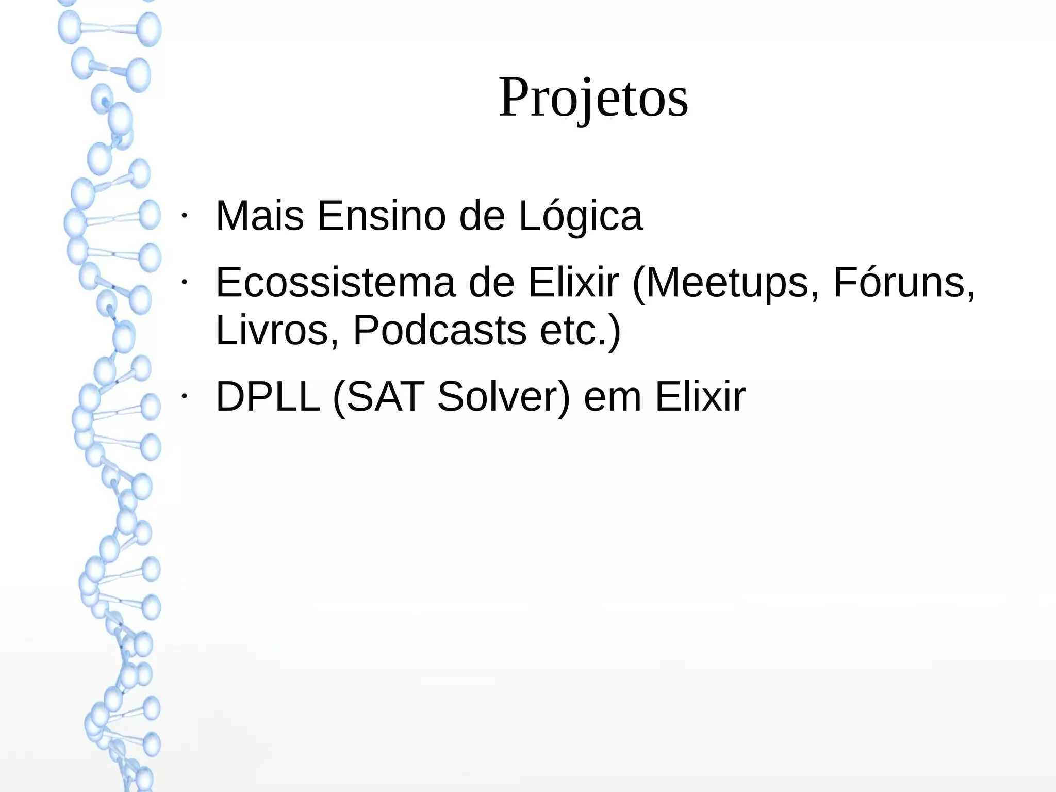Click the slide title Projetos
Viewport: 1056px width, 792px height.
(x=593, y=98)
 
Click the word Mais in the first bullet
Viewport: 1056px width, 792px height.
(x=259, y=216)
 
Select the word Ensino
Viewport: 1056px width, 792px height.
(x=381, y=216)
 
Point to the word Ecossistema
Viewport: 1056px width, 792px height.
(x=336, y=283)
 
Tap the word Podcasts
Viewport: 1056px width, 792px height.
(x=439, y=330)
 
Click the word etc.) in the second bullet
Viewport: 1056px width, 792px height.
(x=580, y=330)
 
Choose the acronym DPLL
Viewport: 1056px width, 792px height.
(x=268, y=397)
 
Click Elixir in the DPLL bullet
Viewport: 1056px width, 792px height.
(x=700, y=397)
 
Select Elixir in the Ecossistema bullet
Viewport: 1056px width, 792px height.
(x=573, y=283)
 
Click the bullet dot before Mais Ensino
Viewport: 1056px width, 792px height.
(x=183, y=215)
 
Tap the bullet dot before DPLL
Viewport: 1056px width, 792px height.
(x=183, y=396)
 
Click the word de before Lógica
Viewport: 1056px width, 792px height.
(x=482, y=216)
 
